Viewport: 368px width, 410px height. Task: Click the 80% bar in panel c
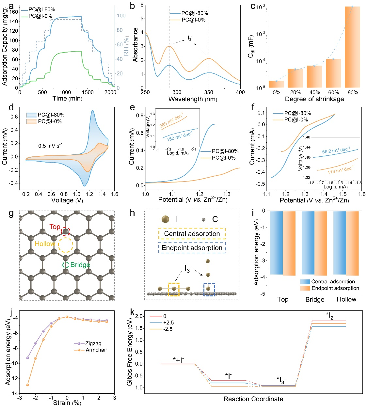352,47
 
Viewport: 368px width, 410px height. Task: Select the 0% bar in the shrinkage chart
276,84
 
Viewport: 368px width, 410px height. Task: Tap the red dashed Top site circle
66,231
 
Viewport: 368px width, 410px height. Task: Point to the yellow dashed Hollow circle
66,245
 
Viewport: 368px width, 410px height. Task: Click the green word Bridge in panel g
80,265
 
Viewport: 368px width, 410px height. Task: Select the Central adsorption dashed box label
192,233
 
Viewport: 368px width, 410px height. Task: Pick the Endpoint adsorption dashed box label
192,248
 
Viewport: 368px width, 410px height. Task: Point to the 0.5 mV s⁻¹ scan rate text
50,146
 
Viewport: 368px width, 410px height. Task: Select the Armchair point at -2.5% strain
27,385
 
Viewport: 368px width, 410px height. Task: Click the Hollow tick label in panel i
346,299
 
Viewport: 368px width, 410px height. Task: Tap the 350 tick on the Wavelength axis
209,92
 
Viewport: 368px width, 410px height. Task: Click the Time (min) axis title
67,99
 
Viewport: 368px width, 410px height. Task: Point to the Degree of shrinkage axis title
314,99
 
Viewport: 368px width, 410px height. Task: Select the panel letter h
132,213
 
